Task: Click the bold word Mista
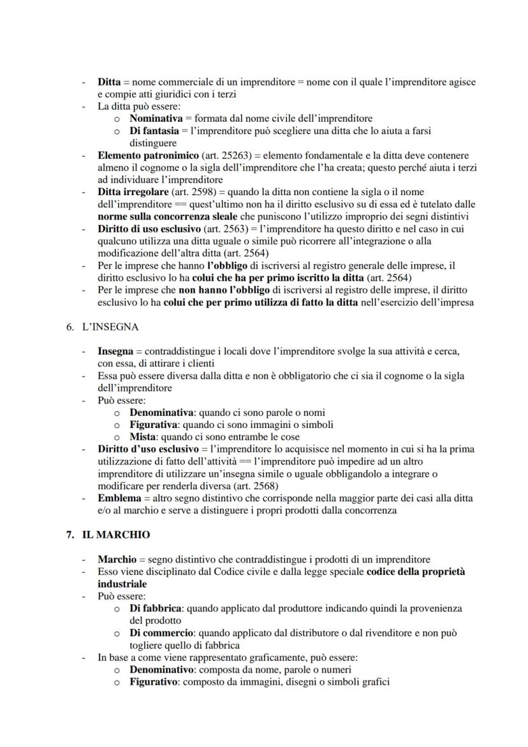142,437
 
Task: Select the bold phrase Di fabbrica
156,609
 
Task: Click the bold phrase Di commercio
161,633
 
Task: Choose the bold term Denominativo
163,670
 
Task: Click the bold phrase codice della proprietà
415,572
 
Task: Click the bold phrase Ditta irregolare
133,192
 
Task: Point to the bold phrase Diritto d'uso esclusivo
148,449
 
